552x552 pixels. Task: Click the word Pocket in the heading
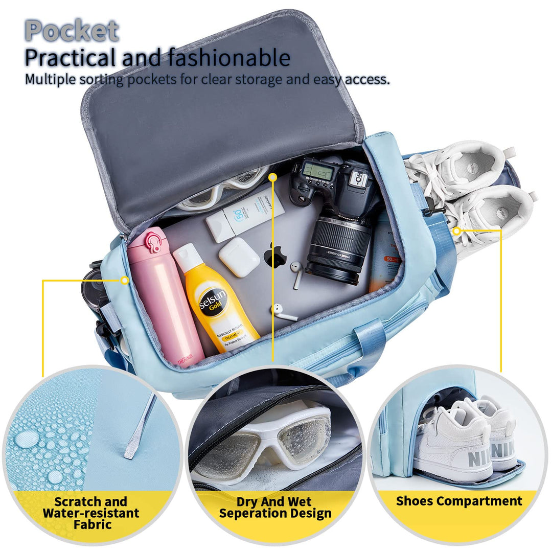coord(72,31)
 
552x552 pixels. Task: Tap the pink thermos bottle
coord(164,296)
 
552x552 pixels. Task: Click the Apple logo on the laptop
coord(275,256)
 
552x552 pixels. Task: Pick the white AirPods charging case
coord(239,257)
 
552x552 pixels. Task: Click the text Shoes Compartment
coord(459,501)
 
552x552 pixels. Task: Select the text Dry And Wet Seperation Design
coord(275,508)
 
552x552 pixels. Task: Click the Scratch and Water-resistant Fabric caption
coord(91,513)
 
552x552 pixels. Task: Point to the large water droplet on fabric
coord(27,439)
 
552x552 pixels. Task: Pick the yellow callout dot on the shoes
coord(456,231)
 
